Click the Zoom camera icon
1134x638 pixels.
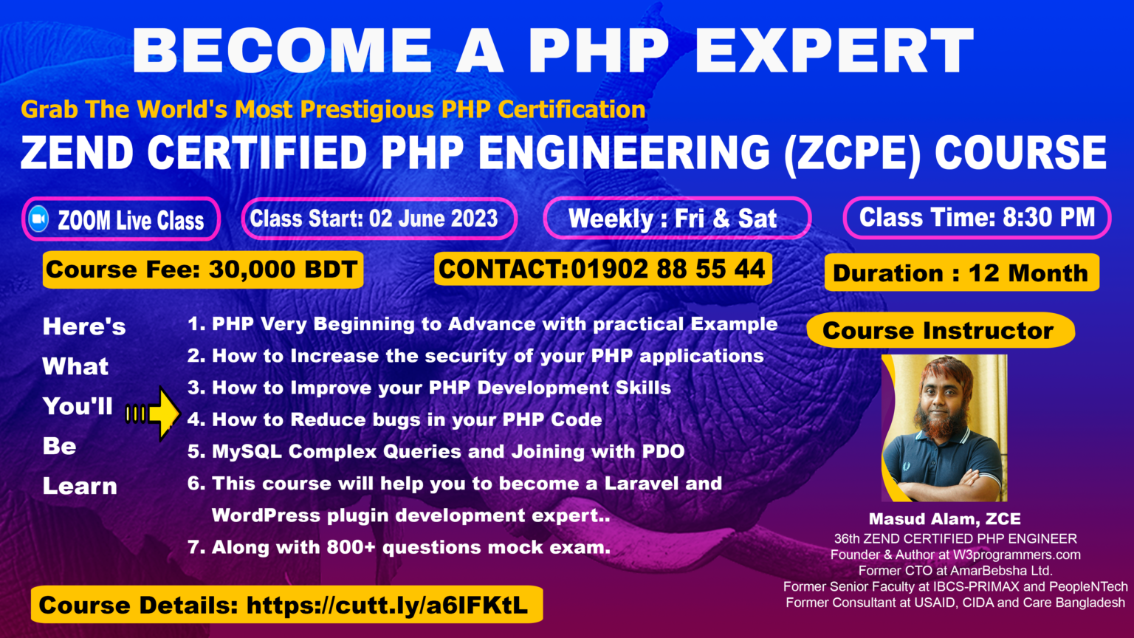pyautogui.click(x=38, y=219)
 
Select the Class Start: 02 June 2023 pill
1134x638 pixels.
pyautogui.click(x=379, y=219)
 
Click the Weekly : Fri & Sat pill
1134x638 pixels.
pyautogui.click(x=676, y=219)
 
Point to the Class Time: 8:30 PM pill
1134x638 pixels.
pyautogui.click(x=976, y=217)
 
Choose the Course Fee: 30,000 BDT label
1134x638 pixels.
pyautogui.click(x=202, y=270)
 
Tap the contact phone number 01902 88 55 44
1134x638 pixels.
pyautogui.click(x=667, y=269)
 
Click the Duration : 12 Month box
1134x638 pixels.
pyautogui.click(x=961, y=272)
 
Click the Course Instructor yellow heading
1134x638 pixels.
pyautogui.click(x=938, y=330)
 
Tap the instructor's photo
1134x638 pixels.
pyautogui.click(x=944, y=428)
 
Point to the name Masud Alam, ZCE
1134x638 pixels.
pyautogui.click(x=944, y=519)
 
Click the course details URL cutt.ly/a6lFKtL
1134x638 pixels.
pyautogui.click(x=387, y=606)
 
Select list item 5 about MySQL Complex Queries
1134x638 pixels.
pyautogui.click(x=436, y=451)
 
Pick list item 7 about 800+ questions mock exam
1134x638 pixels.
pyautogui.click(x=399, y=547)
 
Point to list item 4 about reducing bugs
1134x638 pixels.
pyautogui.click(x=394, y=419)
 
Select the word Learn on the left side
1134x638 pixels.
pyautogui.click(x=80, y=486)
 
